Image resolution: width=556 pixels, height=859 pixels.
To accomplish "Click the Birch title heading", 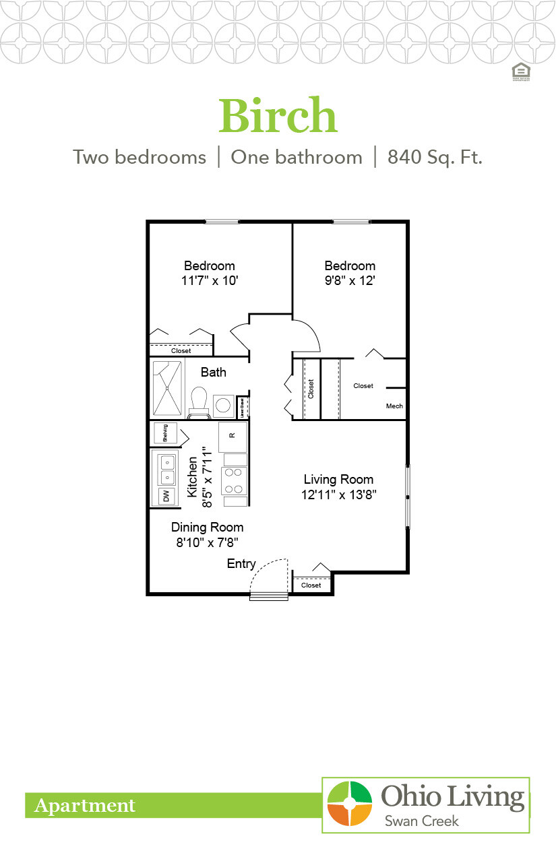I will point(278,115).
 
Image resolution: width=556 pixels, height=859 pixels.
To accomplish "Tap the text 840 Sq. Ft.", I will point(435,158).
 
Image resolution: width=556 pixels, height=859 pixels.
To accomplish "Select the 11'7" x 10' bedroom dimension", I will point(210,281).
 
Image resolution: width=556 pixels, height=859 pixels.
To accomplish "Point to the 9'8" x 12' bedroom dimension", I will point(350,281).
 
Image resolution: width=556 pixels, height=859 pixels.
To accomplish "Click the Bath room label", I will point(214,372).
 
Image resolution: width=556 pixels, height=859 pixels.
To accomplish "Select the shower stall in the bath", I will point(167,389).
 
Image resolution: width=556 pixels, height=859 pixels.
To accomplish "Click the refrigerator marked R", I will point(233,436).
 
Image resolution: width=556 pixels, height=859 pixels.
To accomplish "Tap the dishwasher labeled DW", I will point(165,496).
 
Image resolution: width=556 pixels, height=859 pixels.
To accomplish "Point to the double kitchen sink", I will point(166,469).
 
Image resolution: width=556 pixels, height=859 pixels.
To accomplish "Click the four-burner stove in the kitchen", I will point(234,480).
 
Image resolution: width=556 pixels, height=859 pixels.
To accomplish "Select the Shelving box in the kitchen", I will point(165,433).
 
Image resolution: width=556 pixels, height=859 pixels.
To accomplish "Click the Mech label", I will point(394,406).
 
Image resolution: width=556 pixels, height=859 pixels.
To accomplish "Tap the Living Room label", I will point(338,480).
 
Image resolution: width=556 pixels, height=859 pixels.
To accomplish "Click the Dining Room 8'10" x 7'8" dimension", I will point(208,541).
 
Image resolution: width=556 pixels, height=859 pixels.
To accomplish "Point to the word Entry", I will point(241,564).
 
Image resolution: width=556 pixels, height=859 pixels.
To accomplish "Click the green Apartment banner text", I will point(85,805).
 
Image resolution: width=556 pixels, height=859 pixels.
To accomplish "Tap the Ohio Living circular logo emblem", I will point(349,803).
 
